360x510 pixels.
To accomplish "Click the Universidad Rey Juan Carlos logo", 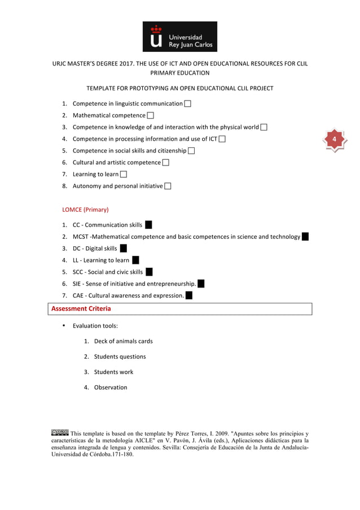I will click(x=179, y=37).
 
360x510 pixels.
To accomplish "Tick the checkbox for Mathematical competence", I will click(x=151, y=116).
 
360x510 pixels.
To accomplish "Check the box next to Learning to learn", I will click(x=124, y=175).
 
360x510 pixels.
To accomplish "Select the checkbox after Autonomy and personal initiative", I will click(x=168, y=186).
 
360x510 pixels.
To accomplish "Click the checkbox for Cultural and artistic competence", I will click(x=165, y=163).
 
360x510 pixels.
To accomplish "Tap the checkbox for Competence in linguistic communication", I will click(x=187, y=104).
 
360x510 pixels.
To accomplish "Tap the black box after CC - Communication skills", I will click(x=148, y=225).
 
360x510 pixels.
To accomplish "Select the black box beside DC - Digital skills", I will click(x=123, y=249).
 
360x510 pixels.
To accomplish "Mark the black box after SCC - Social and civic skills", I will click(x=149, y=272).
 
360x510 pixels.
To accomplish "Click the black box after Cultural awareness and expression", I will click(x=188, y=295).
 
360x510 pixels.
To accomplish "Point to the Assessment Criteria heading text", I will click(x=81, y=309).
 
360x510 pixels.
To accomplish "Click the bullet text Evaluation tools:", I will click(x=95, y=326).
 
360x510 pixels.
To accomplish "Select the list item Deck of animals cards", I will click(x=123, y=341).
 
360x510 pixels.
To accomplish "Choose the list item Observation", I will click(x=111, y=387).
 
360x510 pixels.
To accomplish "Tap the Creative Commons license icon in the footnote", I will click(x=60, y=433).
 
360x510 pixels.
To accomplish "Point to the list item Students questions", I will click(x=120, y=357).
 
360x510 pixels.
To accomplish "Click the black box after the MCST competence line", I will click(x=305, y=237).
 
